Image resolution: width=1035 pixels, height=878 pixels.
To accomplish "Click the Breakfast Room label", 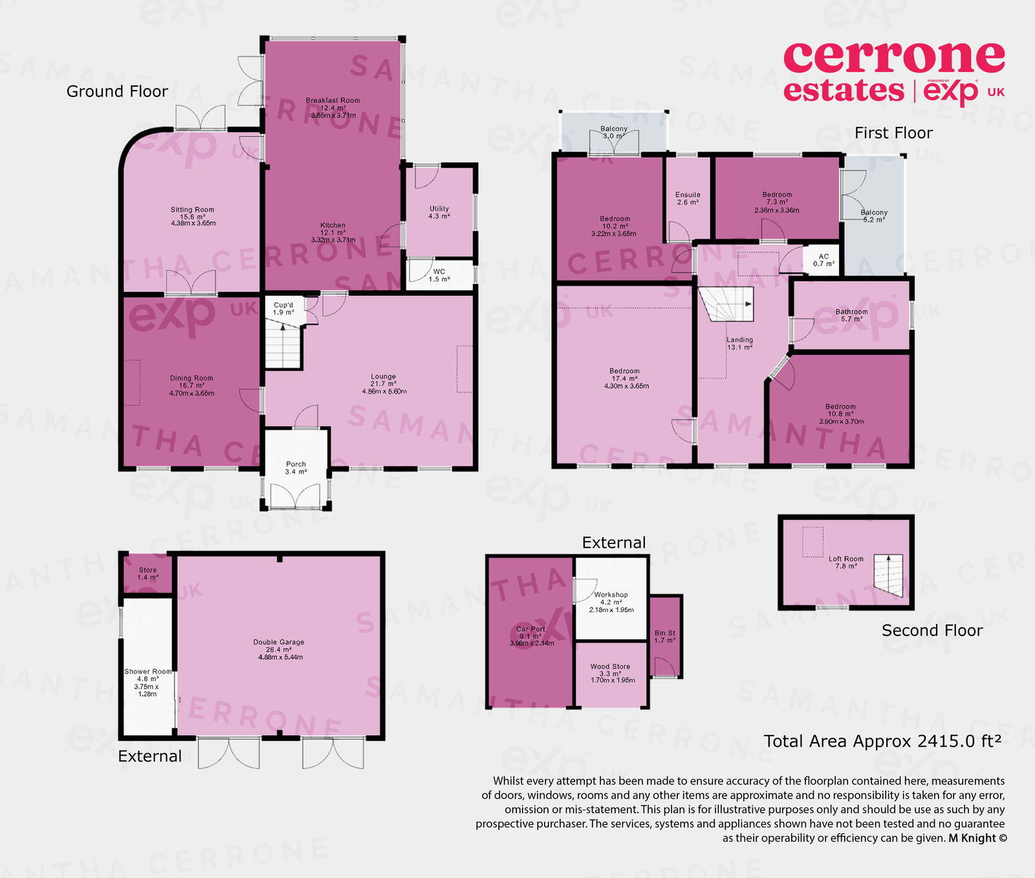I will [x=332, y=100].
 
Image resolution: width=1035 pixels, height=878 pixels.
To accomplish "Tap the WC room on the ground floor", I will [x=439, y=275].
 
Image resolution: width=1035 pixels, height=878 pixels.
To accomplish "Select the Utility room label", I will [x=439, y=212].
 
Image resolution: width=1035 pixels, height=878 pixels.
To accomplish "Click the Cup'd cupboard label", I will [x=283, y=309].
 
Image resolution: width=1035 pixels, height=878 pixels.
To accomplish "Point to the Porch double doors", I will [x=296, y=496].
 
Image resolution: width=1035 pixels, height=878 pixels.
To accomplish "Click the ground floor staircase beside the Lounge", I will [x=283, y=346].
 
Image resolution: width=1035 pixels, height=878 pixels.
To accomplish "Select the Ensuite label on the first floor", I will [x=688, y=198].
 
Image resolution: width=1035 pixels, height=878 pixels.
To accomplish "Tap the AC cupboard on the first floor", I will [x=823, y=260].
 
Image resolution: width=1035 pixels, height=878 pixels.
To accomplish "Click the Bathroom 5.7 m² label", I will [x=851, y=315].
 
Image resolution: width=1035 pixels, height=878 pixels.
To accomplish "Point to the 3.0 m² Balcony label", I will [x=614, y=133].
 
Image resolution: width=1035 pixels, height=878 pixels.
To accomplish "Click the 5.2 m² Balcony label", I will [x=874, y=215].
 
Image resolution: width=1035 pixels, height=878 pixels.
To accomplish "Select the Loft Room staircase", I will [x=888, y=575].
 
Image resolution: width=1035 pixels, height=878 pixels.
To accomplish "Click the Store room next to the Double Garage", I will [x=147, y=574].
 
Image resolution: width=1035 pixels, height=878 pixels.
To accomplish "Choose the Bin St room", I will [x=665, y=637].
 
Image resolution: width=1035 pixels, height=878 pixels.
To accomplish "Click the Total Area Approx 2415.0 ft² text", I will [x=882, y=741].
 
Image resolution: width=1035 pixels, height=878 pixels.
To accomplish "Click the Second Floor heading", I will [x=931, y=630].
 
